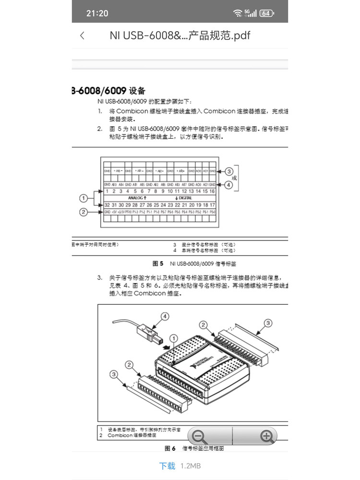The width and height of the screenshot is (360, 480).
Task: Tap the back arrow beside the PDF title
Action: (83, 36)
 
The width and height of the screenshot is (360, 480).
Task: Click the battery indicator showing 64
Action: (267, 13)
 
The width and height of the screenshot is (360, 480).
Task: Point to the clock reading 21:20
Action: (97, 13)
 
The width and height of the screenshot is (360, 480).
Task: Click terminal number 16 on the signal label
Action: (212, 191)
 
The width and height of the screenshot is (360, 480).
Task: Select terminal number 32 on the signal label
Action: (108, 204)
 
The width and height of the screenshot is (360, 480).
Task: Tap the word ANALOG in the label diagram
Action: (137, 198)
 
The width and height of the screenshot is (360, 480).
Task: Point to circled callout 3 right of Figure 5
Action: (229, 171)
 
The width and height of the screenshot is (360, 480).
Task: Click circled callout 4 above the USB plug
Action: (165, 316)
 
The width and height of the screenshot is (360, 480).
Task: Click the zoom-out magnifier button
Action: (199, 436)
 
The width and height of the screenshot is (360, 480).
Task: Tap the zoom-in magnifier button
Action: (266, 436)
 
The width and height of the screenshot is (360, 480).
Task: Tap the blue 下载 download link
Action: (167, 466)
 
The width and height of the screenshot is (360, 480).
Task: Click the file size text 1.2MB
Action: (191, 466)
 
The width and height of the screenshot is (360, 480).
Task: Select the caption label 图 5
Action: (158, 264)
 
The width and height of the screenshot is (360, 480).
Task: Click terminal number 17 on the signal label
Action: (212, 204)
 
